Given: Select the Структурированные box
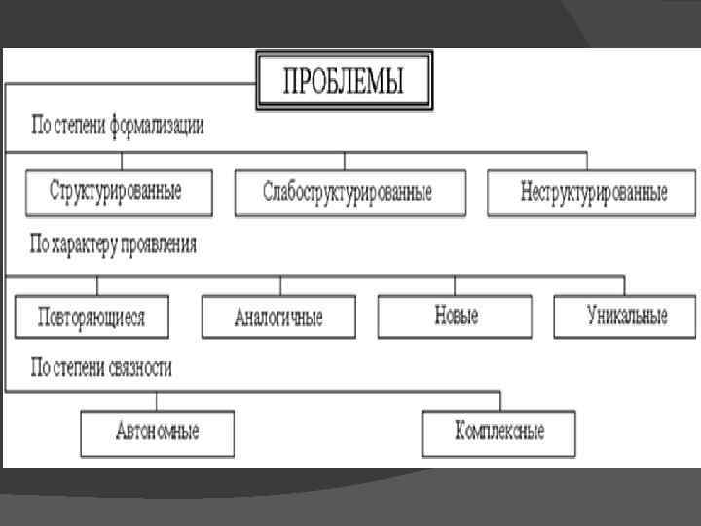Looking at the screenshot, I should tap(117, 192).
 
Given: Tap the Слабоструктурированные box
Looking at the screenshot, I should tap(348, 193).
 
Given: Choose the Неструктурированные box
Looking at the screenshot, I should tap(593, 193).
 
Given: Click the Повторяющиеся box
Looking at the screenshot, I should tap(92, 317).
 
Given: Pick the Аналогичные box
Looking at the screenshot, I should tap(278, 317).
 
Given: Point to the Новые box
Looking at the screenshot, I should tap(455, 317).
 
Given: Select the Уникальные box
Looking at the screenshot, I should tap(626, 317).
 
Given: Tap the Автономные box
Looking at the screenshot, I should tap(157, 432).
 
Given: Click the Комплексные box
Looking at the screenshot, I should tap(498, 432).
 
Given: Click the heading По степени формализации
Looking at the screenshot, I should tap(118, 128).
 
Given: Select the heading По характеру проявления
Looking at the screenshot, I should tap(114, 244).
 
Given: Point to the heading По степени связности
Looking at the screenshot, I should tap(101, 368).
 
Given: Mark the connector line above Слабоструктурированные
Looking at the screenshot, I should tap(345, 161).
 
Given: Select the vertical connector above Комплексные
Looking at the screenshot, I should tap(499, 400).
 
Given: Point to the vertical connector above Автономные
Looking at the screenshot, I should tap(157, 400).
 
